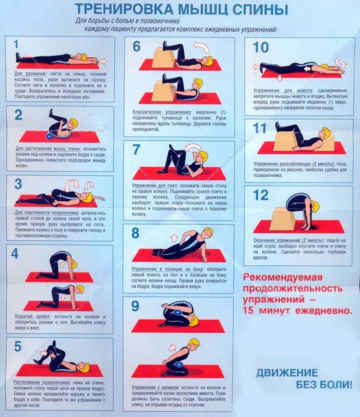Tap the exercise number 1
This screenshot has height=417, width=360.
tap(16, 44)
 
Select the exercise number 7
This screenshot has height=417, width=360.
tap(136, 150)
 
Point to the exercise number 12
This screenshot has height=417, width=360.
tap(260, 195)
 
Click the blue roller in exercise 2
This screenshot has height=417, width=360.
tap(50, 136)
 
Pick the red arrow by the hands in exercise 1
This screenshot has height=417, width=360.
tap(103, 61)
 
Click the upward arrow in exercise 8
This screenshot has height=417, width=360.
tap(174, 237)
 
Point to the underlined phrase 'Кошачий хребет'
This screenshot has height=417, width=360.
tap(33, 317)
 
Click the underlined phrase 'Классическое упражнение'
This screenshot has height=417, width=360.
tap(162, 112)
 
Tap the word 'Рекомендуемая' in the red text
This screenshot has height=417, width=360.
tap(282, 278)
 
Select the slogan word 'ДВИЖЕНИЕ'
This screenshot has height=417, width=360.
tap(287, 373)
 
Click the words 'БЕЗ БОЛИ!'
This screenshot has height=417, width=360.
tap(324, 384)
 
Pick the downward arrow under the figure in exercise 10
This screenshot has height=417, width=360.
tap(279, 78)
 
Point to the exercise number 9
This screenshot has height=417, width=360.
tap(135, 306)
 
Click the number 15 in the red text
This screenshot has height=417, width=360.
tap(248, 311)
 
